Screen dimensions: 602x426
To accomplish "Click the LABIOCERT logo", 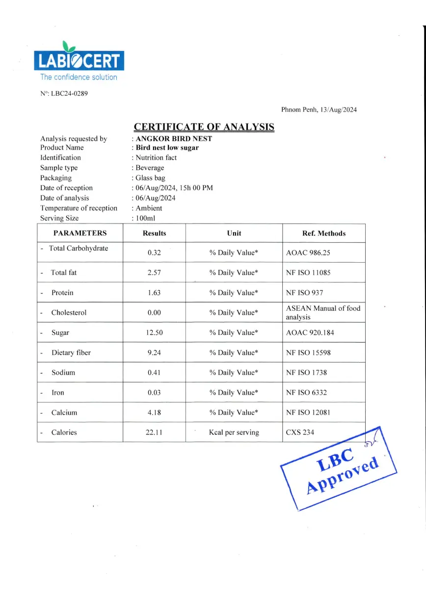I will (79, 59).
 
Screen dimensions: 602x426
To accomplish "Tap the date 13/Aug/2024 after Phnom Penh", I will (338, 110).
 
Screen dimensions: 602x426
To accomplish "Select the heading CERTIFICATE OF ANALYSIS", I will (204, 127).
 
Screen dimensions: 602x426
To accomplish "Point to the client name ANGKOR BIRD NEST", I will (174, 139).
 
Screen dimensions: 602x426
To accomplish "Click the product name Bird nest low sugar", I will (167, 148).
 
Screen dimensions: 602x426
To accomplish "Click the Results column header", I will (154, 233).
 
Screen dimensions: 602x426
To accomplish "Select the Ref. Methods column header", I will (324, 233).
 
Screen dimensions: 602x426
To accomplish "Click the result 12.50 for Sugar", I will (154, 333).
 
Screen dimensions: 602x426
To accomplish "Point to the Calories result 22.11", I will (154, 432).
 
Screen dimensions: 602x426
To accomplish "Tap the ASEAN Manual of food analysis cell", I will (322, 313).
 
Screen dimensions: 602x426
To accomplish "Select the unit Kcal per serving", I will (234, 432).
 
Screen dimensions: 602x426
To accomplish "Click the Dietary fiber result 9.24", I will (154, 352).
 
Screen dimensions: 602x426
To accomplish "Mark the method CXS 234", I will (300, 432).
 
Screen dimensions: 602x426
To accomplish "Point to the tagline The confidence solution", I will (79, 77).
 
